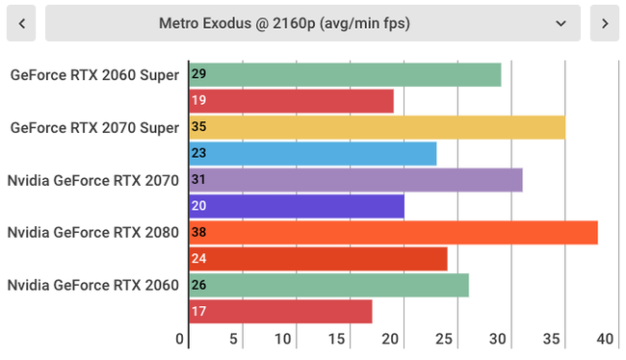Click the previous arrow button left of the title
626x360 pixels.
click(21, 23)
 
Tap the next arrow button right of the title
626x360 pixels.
click(604, 23)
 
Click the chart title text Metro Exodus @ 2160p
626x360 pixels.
click(284, 23)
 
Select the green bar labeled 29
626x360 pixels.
click(345, 74)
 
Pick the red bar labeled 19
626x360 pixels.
click(292, 100)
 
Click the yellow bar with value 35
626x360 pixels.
click(377, 127)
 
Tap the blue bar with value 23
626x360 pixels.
click(313, 153)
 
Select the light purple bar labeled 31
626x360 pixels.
click(355, 180)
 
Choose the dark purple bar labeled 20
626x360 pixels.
click(297, 206)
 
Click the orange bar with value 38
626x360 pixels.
click(393, 232)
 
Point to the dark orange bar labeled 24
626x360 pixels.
click(318, 259)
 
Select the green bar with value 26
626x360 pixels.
click(328, 285)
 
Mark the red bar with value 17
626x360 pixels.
click(280, 311)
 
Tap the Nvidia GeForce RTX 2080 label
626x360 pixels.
click(92, 232)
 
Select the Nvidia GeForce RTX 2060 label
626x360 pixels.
click(92, 285)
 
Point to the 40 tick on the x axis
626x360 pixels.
click(606, 339)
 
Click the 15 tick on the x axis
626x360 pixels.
click(336, 339)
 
